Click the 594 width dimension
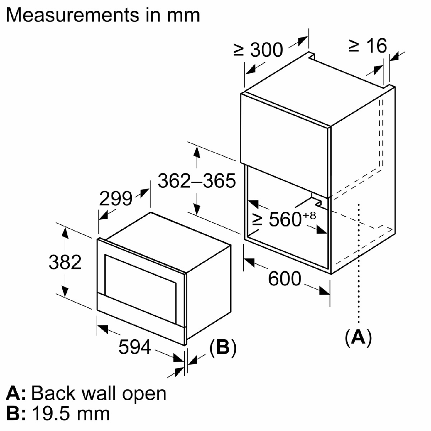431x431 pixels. [x=134, y=347]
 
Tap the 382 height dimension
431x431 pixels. [x=65, y=262]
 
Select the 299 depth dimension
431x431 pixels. [x=116, y=198]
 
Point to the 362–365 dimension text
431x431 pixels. [x=196, y=181]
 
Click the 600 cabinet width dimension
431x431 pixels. [x=285, y=279]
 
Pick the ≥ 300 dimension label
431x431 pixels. [x=258, y=50]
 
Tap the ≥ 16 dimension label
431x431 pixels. [x=367, y=46]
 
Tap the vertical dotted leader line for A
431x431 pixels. [x=358, y=261]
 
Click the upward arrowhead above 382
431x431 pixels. [x=65, y=231]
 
